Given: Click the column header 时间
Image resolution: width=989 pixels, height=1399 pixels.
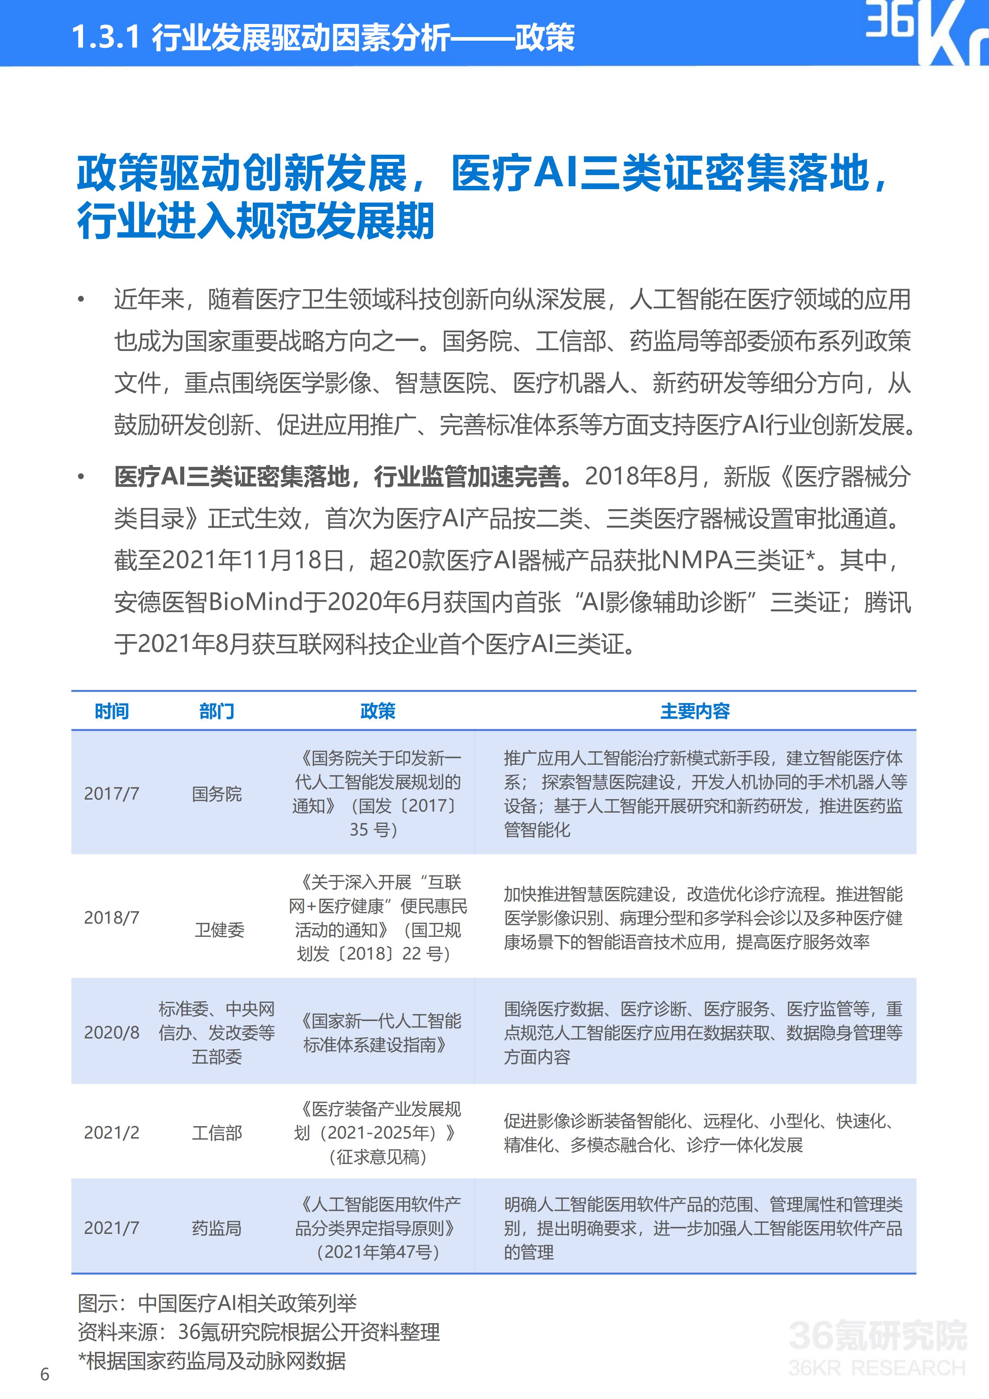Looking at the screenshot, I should coord(112,711).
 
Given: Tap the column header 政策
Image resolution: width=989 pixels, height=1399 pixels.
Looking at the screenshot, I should coord(378,711).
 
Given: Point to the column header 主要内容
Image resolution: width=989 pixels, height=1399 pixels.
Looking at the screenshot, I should coord(695,711).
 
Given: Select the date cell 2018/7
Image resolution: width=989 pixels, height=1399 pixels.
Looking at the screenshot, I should coord(112,918).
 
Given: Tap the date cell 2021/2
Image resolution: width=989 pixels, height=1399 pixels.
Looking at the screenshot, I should coord(112,1133).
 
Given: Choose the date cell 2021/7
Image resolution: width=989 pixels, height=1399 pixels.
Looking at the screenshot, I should coord(112,1228).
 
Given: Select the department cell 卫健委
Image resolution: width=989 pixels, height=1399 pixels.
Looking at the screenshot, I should coord(219,930).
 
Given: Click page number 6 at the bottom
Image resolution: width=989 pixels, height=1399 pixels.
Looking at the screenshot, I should coord(45,1375).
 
